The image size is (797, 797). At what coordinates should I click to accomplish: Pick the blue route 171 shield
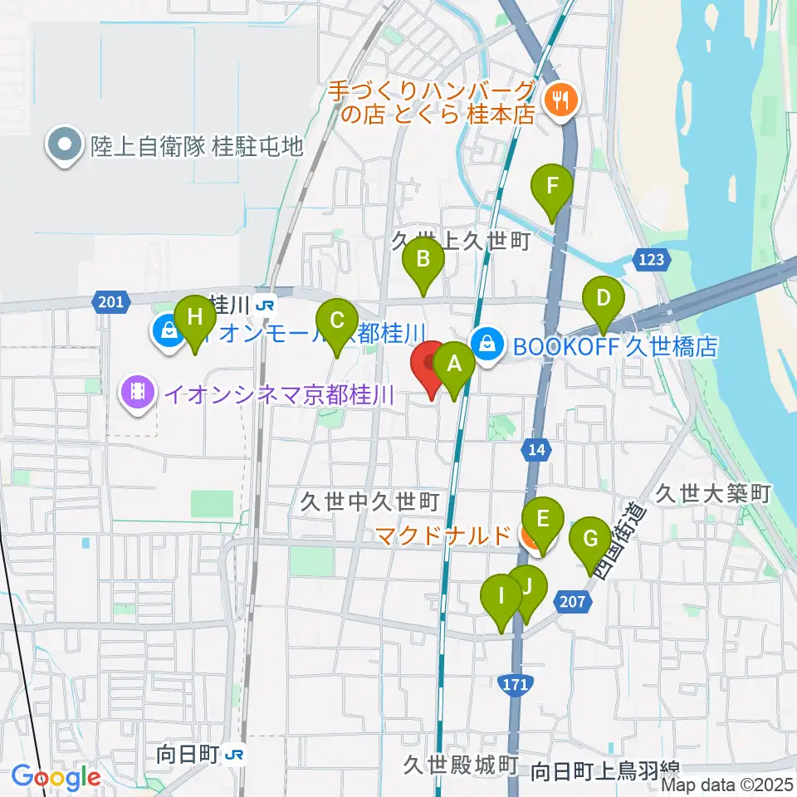pos(516,684)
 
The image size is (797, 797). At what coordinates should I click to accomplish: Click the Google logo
pos(56,777)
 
